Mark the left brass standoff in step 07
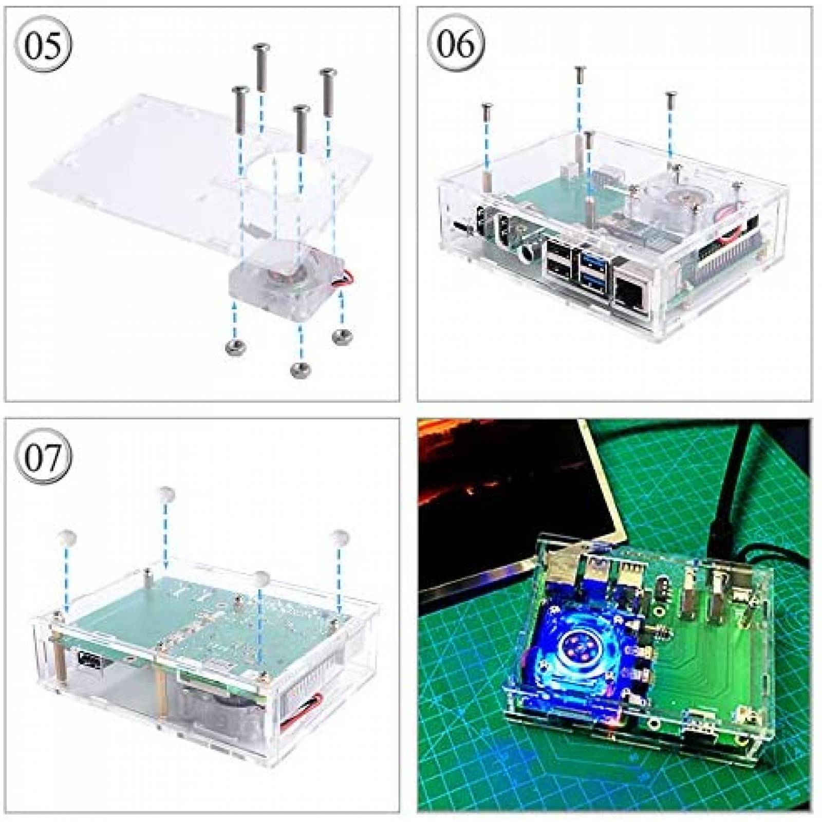[x=58, y=663]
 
